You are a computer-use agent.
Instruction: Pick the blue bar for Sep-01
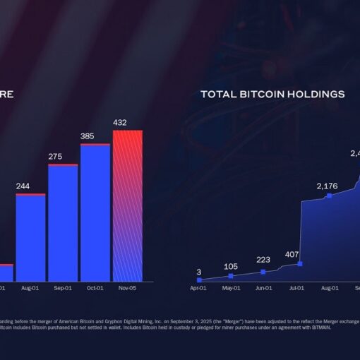tap(63, 223)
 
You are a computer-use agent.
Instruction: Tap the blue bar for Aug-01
tap(30, 237)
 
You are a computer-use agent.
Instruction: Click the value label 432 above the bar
tap(120, 123)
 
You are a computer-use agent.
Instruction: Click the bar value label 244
tap(23, 186)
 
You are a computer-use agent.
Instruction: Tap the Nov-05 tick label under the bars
tap(128, 288)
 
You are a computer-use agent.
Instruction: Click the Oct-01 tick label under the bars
tap(95, 288)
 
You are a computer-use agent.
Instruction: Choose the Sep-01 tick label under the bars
tap(63, 288)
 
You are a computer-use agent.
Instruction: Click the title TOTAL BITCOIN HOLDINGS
tap(272, 94)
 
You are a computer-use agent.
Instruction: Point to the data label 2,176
tap(327, 186)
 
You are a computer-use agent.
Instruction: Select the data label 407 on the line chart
tap(292, 254)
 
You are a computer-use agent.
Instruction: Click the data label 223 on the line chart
tap(263, 260)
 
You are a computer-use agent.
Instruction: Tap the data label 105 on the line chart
tap(230, 266)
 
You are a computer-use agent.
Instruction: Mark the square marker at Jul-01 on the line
tap(300, 264)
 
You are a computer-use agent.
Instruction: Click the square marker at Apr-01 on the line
tap(199, 280)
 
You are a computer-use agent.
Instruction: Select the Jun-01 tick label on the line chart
tap(263, 288)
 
